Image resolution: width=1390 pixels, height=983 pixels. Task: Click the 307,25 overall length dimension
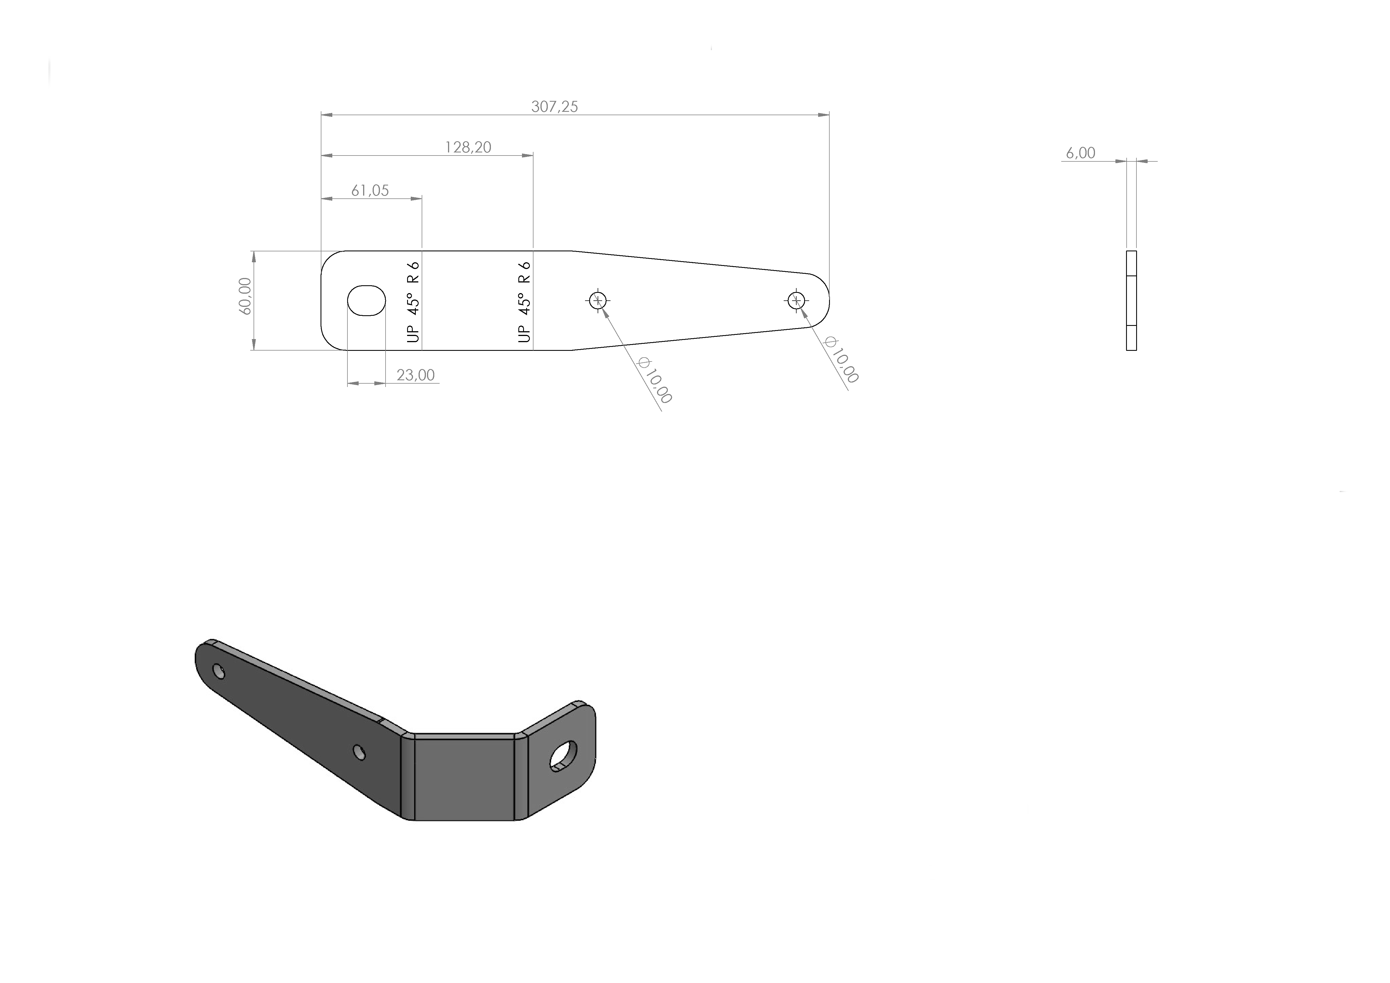pos(554,106)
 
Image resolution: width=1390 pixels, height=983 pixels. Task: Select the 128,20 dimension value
pos(468,147)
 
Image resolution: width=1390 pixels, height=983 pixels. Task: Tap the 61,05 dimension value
pos(370,191)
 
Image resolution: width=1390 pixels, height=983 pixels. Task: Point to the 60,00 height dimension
pos(245,296)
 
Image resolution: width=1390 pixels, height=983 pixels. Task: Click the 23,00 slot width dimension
pos(416,375)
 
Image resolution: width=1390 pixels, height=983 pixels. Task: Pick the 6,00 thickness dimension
pos(1081,153)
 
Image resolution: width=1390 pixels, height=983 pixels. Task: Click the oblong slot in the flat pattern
pos(366,300)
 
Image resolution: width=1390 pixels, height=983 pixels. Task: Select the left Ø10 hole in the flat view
pos(598,300)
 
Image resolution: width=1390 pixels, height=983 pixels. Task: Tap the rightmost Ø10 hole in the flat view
pos(796,300)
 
